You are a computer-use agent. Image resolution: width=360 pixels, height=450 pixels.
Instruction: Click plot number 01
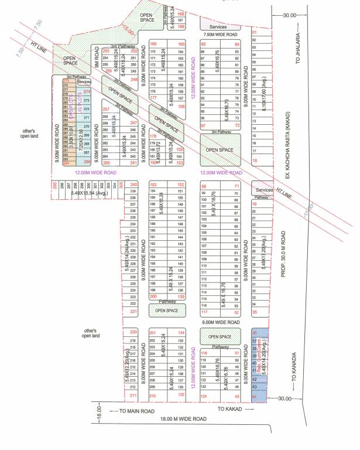click(254, 32)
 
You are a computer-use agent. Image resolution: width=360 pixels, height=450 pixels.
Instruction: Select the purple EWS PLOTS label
click(71, 113)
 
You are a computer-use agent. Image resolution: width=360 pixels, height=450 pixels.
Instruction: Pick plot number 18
click(254, 160)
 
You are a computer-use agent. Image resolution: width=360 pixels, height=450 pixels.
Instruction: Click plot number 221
click(133, 312)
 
